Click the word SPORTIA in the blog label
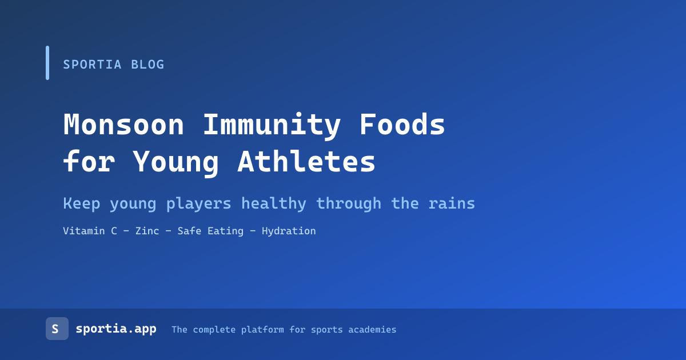pos(92,65)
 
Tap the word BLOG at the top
pos(147,65)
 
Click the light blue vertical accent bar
pos(47,63)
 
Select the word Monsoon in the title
pos(123,125)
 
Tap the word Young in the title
pos(176,162)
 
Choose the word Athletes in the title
pos(306,161)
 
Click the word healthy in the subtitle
pos(274,204)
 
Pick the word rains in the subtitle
pos(452,203)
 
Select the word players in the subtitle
pos(199,204)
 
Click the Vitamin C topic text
pos(90,231)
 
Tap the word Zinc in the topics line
pos(147,231)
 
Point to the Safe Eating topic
pos(210,231)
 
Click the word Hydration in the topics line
pos(289,231)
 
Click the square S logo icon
pos(57,329)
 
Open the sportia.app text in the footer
pos(116,329)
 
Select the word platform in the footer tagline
pos(262,330)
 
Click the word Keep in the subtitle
pos(81,204)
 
